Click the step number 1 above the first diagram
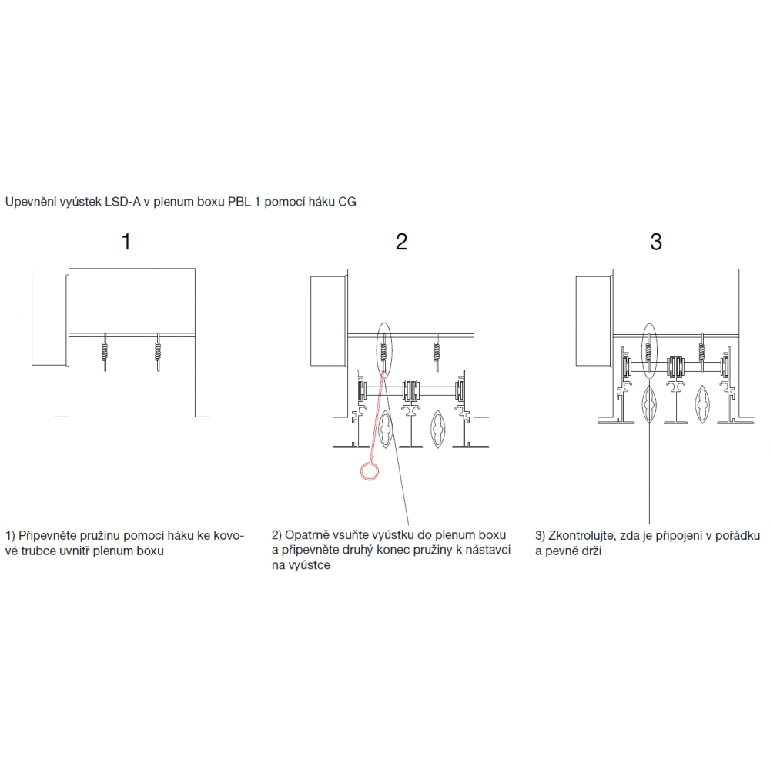[x=126, y=242]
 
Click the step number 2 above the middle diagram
[x=402, y=242]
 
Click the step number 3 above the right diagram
[x=656, y=242]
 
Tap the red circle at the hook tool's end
[x=370, y=471]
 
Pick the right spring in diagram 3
[x=702, y=350]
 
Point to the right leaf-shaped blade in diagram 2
[x=437, y=429]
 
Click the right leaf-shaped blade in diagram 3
[x=702, y=405]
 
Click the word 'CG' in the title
[x=346, y=202]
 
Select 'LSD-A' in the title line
[x=122, y=202]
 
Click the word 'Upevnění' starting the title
[x=28, y=203]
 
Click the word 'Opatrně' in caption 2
[x=307, y=535]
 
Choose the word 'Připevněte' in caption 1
[x=48, y=536]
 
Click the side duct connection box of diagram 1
[x=49, y=320]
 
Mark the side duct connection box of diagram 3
[x=594, y=320]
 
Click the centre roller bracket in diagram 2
[x=410, y=390]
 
